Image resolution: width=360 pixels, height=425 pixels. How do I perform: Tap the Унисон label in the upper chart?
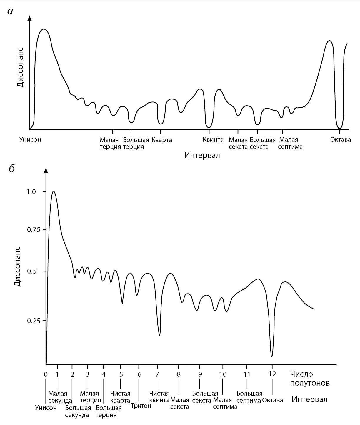tap(30, 139)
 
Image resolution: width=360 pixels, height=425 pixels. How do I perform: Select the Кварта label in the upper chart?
tap(162, 140)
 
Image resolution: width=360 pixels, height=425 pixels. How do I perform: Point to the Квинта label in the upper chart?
tap(213, 139)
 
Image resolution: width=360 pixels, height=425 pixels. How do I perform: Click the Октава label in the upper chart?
tap(341, 139)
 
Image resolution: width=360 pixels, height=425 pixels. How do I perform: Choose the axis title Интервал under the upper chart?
tap(202, 155)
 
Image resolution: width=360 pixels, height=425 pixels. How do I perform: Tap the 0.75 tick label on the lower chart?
tap(33, 230)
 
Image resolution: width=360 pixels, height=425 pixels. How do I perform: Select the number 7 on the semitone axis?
tap(157, 374)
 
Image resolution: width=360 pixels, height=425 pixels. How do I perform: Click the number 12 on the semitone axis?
tap(272, 374)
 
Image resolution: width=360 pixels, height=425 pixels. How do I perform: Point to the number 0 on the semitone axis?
tap(46, 374)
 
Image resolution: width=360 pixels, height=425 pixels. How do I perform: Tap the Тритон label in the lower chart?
tap(141, 406)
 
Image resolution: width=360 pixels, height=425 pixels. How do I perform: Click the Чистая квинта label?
tap(159, 396)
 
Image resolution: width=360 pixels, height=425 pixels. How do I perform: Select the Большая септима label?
tap(249, 397)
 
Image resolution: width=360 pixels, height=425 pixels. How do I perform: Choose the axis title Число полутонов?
tap(310, 379)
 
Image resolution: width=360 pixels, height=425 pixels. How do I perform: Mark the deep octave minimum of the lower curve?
tap(272, 356)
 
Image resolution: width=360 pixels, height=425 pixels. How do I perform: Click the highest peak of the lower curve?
tap(53, 191)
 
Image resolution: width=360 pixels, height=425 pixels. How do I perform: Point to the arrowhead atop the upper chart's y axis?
tap(29, 18)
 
